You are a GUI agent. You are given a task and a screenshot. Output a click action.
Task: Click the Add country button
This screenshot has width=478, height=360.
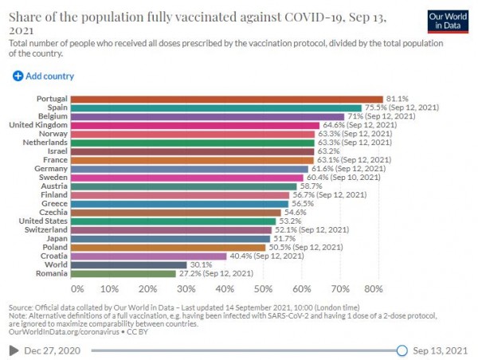tap(44, 76)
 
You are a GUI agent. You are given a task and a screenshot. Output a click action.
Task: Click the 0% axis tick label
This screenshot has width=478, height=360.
tap(77, 288)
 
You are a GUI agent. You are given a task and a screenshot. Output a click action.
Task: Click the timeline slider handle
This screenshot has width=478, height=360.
tap(402, 350)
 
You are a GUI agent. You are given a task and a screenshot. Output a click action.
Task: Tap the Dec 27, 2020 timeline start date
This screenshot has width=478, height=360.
tap(53, 350)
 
